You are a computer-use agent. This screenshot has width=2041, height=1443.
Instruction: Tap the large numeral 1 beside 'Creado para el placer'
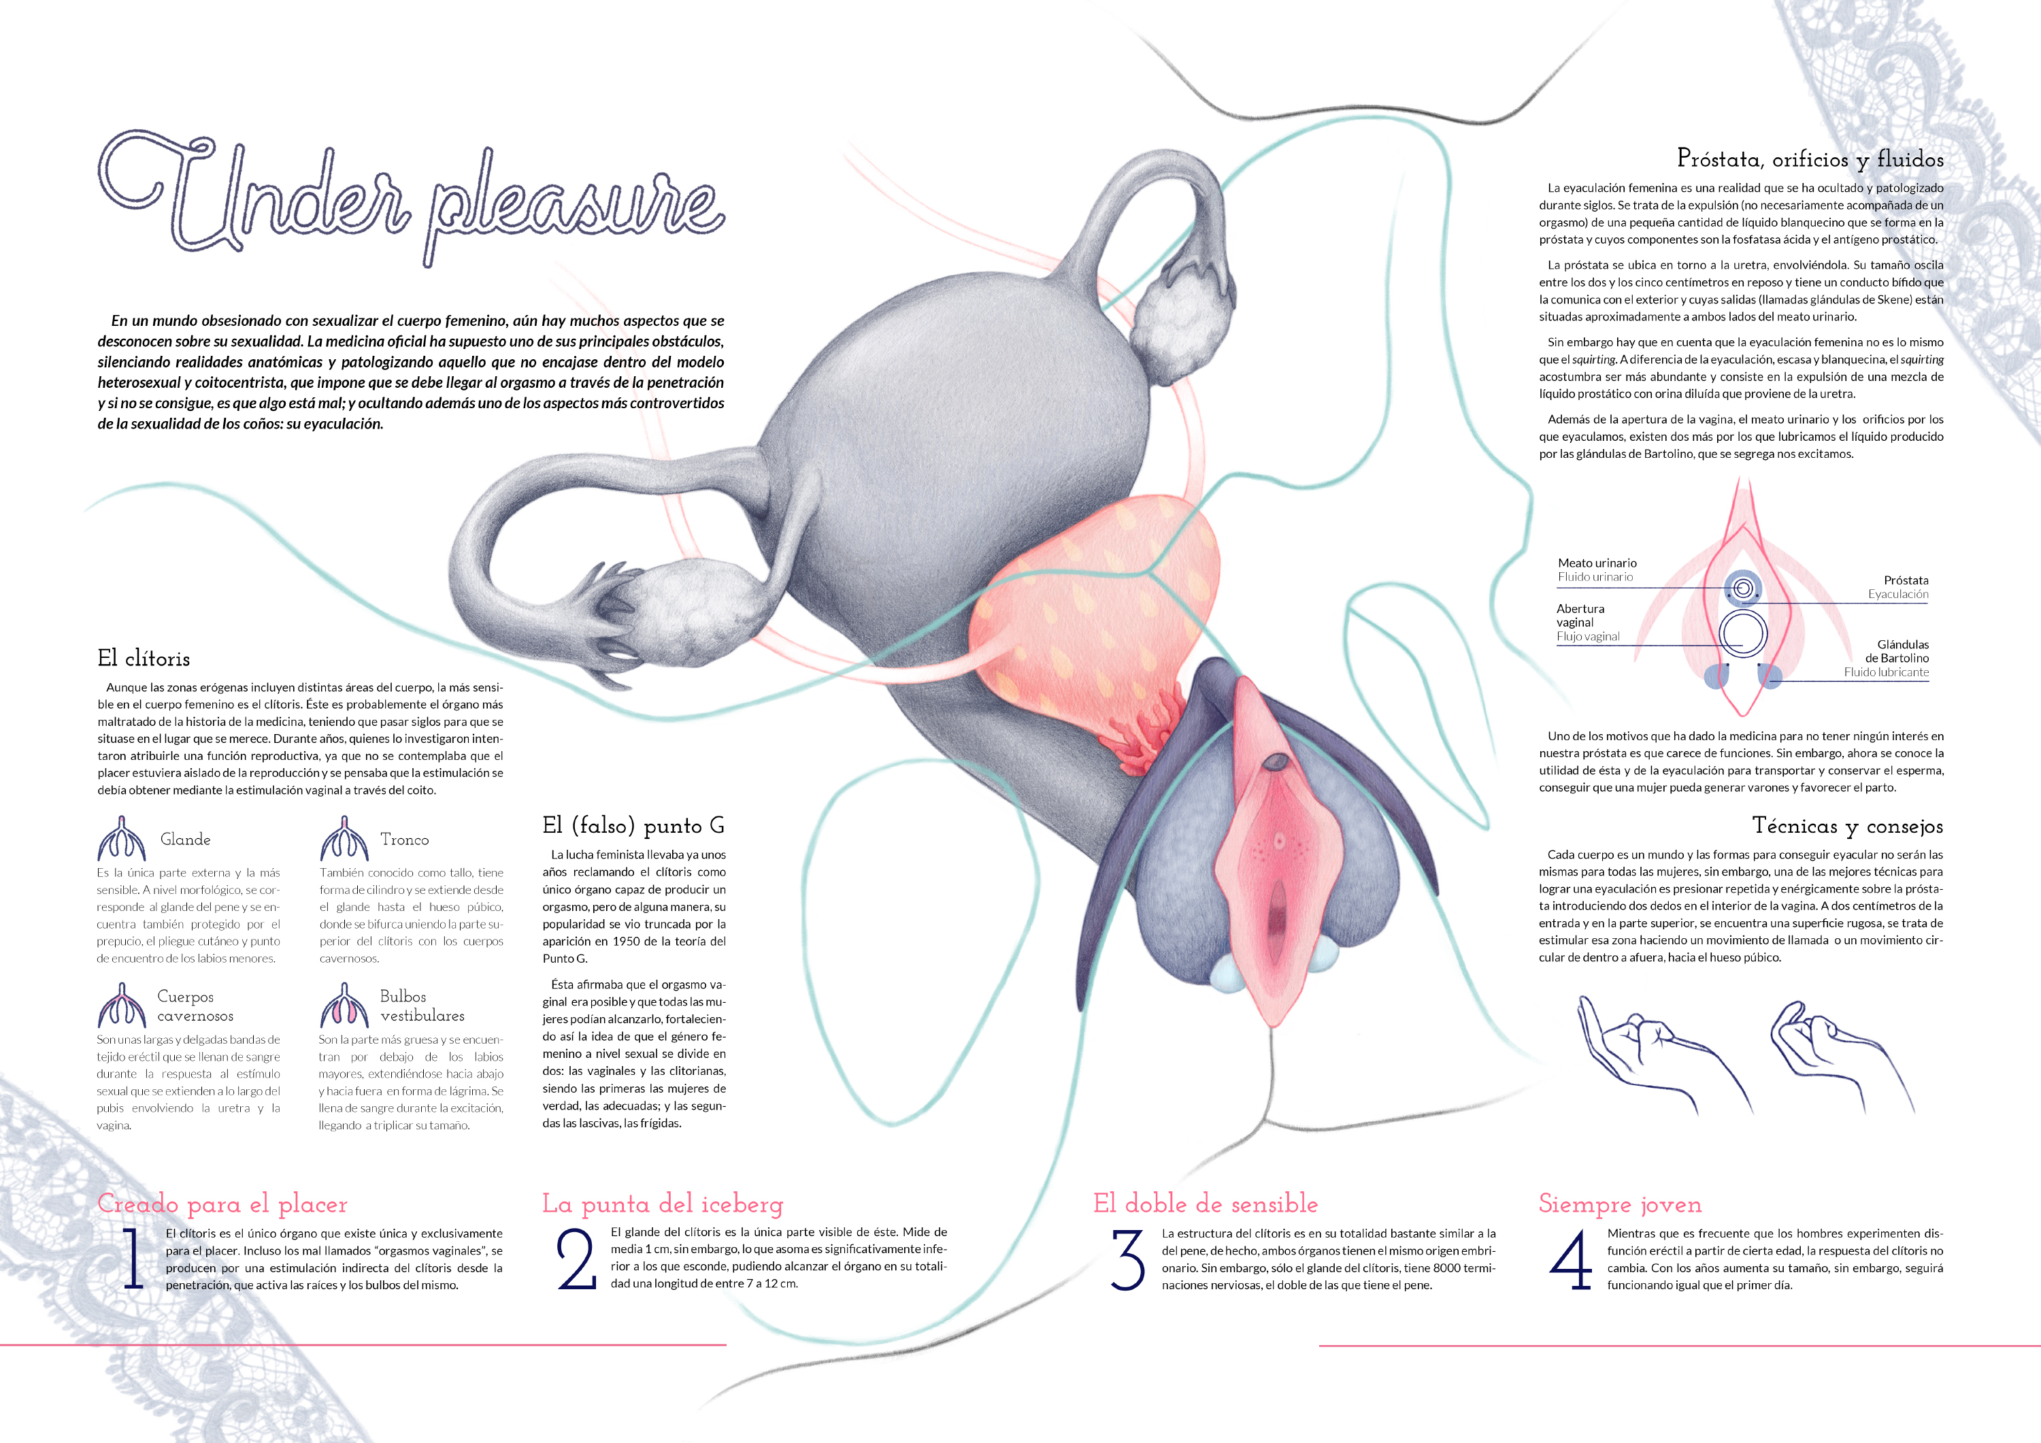[x=133, y=1258]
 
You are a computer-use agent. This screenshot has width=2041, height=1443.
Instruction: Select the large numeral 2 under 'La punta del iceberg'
[x=576, y=1258]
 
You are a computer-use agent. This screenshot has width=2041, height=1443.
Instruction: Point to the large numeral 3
[x=1127, y=1259]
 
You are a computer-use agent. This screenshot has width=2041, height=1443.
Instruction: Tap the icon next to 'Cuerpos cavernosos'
[x=121, y=1005]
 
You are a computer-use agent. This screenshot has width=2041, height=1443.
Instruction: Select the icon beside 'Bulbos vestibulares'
[x=344, y=1005]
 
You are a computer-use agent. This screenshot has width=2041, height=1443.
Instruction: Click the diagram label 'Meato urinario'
[x=1597, y=563]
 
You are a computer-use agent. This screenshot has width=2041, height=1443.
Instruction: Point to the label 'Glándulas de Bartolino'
[x=1897, y=651]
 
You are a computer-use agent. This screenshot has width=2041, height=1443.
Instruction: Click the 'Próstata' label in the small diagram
[x=1906, y=580]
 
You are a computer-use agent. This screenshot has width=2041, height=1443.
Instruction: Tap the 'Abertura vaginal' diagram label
[x=1580, y=615]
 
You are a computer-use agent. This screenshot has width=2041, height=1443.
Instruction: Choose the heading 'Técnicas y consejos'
[x=1847, y=826]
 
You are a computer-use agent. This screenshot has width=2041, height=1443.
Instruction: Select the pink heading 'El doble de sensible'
[x=1206, y=1204]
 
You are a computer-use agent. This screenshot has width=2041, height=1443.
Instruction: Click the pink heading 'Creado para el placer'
[x=222, y=1204]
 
